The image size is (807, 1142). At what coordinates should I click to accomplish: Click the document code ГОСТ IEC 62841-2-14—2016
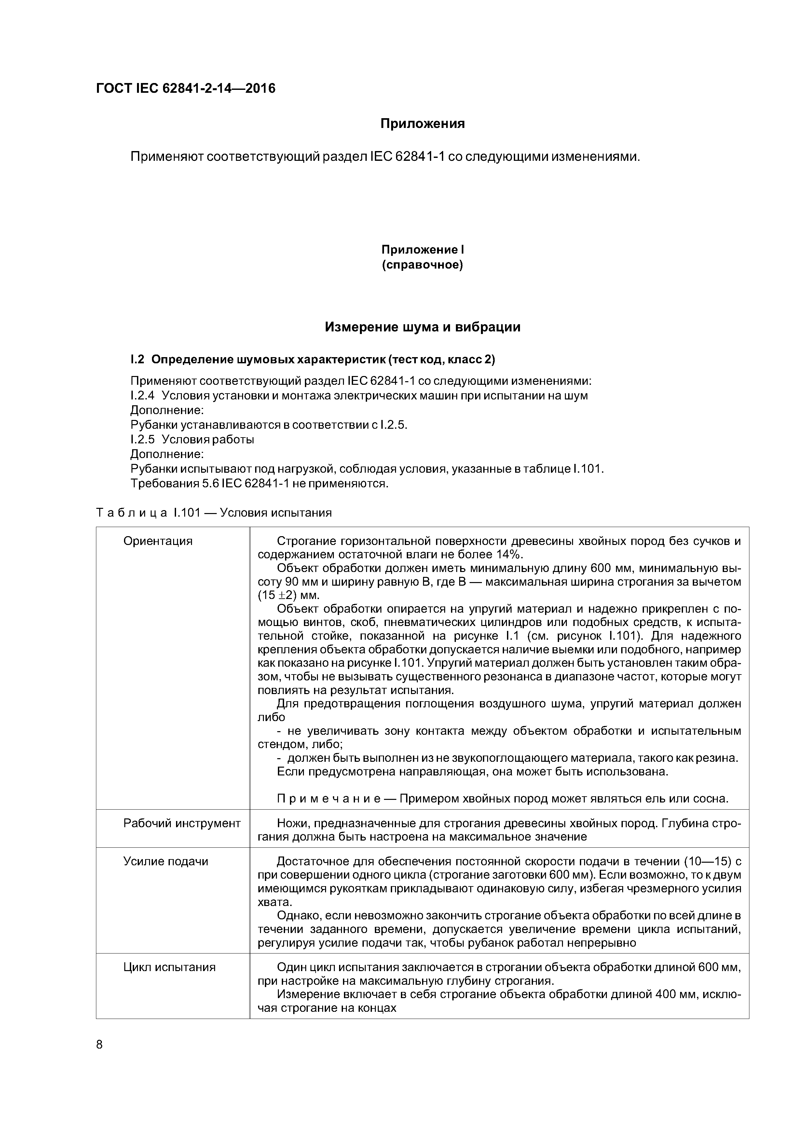(185, 89)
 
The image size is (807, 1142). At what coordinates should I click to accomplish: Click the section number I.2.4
(143, 396)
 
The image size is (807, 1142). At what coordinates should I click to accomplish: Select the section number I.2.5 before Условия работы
(143, 440)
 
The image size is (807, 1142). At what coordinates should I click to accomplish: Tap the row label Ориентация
(157, 541)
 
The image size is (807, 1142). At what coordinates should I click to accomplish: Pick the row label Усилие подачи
(166, 861)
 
